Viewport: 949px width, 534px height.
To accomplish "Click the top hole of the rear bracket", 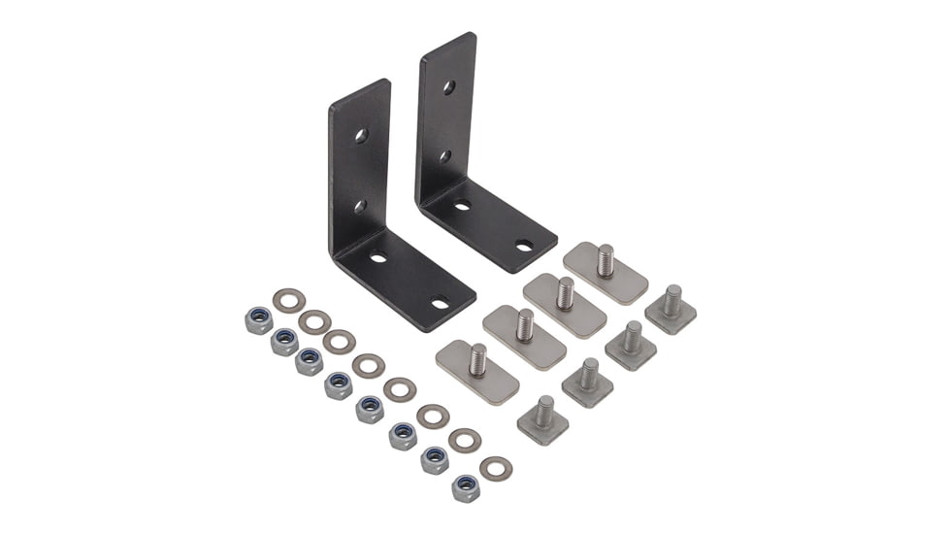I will (x=448, y=87).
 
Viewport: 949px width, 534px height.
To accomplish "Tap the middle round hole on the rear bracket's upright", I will (x=443, y=155).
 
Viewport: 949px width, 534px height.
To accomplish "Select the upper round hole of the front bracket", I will (x=361, y=135).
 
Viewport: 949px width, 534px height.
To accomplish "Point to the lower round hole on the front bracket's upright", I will (x=358, y=206).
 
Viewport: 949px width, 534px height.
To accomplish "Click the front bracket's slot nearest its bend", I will (x=378, y=257).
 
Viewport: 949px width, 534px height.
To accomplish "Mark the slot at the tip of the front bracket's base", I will (x=441, y=303).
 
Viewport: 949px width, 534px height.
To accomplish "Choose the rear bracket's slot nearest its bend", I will (x=462, y=205).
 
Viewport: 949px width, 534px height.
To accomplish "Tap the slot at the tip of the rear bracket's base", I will (x=524, y=246).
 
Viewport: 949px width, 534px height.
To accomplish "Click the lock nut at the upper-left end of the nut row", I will (x=258, y=321).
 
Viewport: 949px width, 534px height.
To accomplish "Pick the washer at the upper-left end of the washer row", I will (x=288, y=300).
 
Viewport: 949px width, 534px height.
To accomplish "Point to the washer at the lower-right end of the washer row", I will (x=496, y=468).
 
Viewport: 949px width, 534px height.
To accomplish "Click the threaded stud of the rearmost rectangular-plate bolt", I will (x=605, y=260).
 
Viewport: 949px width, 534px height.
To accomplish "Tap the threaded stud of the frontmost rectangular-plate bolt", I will (x=477, y=359).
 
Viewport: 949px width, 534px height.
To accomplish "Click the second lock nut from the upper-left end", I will (x=285, y=342).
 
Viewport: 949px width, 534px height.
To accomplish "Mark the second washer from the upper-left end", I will (x=314, y=321).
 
